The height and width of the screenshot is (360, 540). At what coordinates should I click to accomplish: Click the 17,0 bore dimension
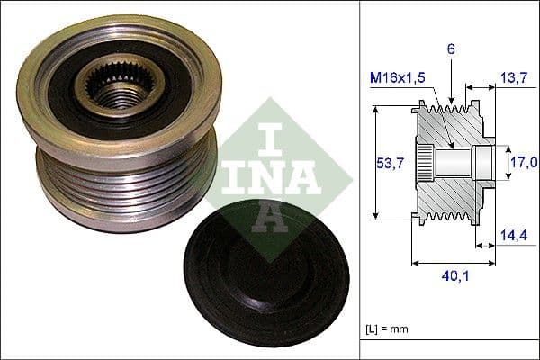click(525, 162)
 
